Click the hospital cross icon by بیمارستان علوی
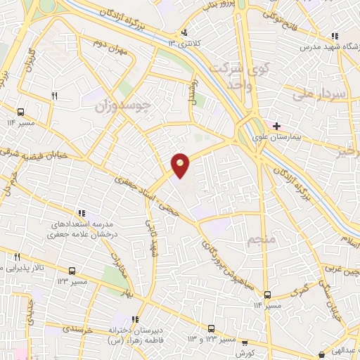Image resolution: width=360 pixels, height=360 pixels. click(278, 125)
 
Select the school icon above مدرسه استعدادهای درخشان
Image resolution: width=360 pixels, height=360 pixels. click(82, 213)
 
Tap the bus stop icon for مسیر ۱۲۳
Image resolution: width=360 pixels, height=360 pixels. click(72, 271)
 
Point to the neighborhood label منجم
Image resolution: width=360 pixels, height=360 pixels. click(259, 241)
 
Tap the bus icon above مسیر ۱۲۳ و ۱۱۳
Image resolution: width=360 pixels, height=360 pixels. click(211, 328)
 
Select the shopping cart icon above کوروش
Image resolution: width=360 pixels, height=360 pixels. click(245, 343)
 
